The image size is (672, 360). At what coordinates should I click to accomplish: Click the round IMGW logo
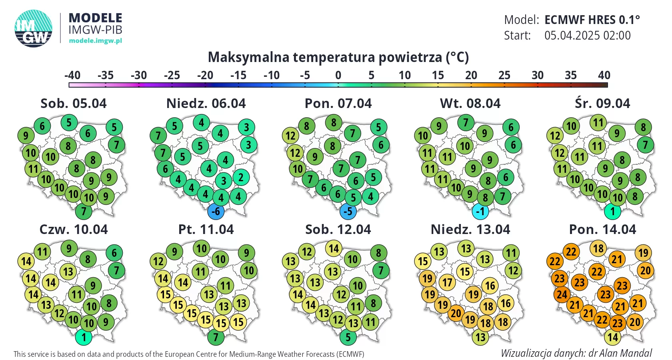[x=34, y=28]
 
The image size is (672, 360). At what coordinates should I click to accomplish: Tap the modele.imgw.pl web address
[x=95, y=40]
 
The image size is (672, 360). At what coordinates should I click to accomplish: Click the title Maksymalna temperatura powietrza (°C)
[x=338, y=57]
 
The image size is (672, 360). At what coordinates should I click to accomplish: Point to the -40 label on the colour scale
[x=72, y=75]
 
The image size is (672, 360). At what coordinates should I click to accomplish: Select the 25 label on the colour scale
[x=504, y=75]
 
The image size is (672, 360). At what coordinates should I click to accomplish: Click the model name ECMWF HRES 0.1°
[x=592, y=20]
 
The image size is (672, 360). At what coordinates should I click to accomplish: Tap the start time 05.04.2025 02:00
[x=587, y=35]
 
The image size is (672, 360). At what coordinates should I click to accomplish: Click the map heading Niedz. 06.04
[x=206, y=104]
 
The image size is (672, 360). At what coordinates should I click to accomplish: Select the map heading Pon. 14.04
[x=602, y=230]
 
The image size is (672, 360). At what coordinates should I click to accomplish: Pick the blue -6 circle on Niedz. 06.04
[x=216, y=211]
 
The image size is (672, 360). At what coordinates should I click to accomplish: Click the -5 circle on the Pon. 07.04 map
[x=348, y=211]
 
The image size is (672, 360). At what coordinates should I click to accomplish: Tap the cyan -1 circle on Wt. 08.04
[x=480, y=211]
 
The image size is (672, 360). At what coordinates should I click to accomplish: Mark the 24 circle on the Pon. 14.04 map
[x=562, y=295]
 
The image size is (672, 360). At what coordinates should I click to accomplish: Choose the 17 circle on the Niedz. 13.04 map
[x=447, y=282]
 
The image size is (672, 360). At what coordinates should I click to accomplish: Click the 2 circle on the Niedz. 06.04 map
[x=241, y=177]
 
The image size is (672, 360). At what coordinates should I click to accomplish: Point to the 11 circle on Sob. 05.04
[x=33, y=169]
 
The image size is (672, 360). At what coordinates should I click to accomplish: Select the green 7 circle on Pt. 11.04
[x=216, y=337]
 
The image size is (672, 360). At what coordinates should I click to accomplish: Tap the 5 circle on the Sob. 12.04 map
[x=348, y=337]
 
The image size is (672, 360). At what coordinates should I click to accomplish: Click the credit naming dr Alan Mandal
[x=576, y=353]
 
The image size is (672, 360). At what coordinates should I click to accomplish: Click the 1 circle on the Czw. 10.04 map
[x=84, y=337]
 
